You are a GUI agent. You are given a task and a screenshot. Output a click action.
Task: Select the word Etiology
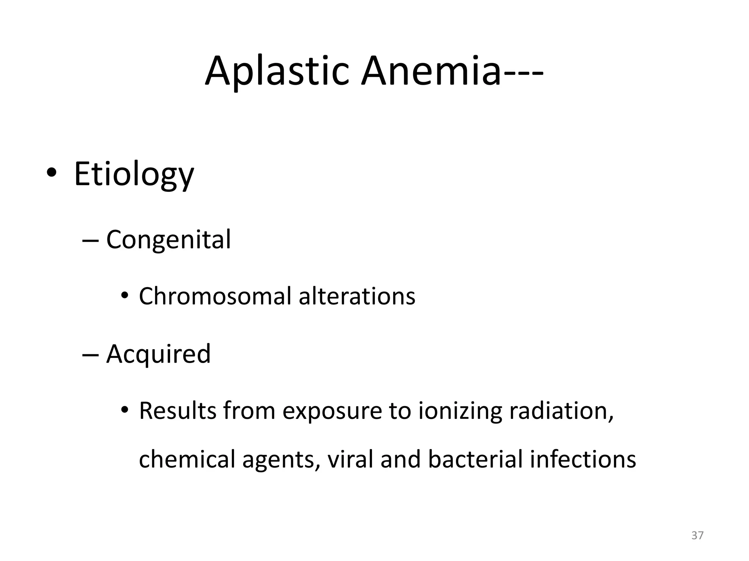point(134,175)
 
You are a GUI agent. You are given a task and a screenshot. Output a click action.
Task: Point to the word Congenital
point(168,240)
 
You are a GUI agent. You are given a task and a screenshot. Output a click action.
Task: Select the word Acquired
point(158,354)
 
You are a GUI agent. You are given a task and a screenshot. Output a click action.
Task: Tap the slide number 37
point(697,535)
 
